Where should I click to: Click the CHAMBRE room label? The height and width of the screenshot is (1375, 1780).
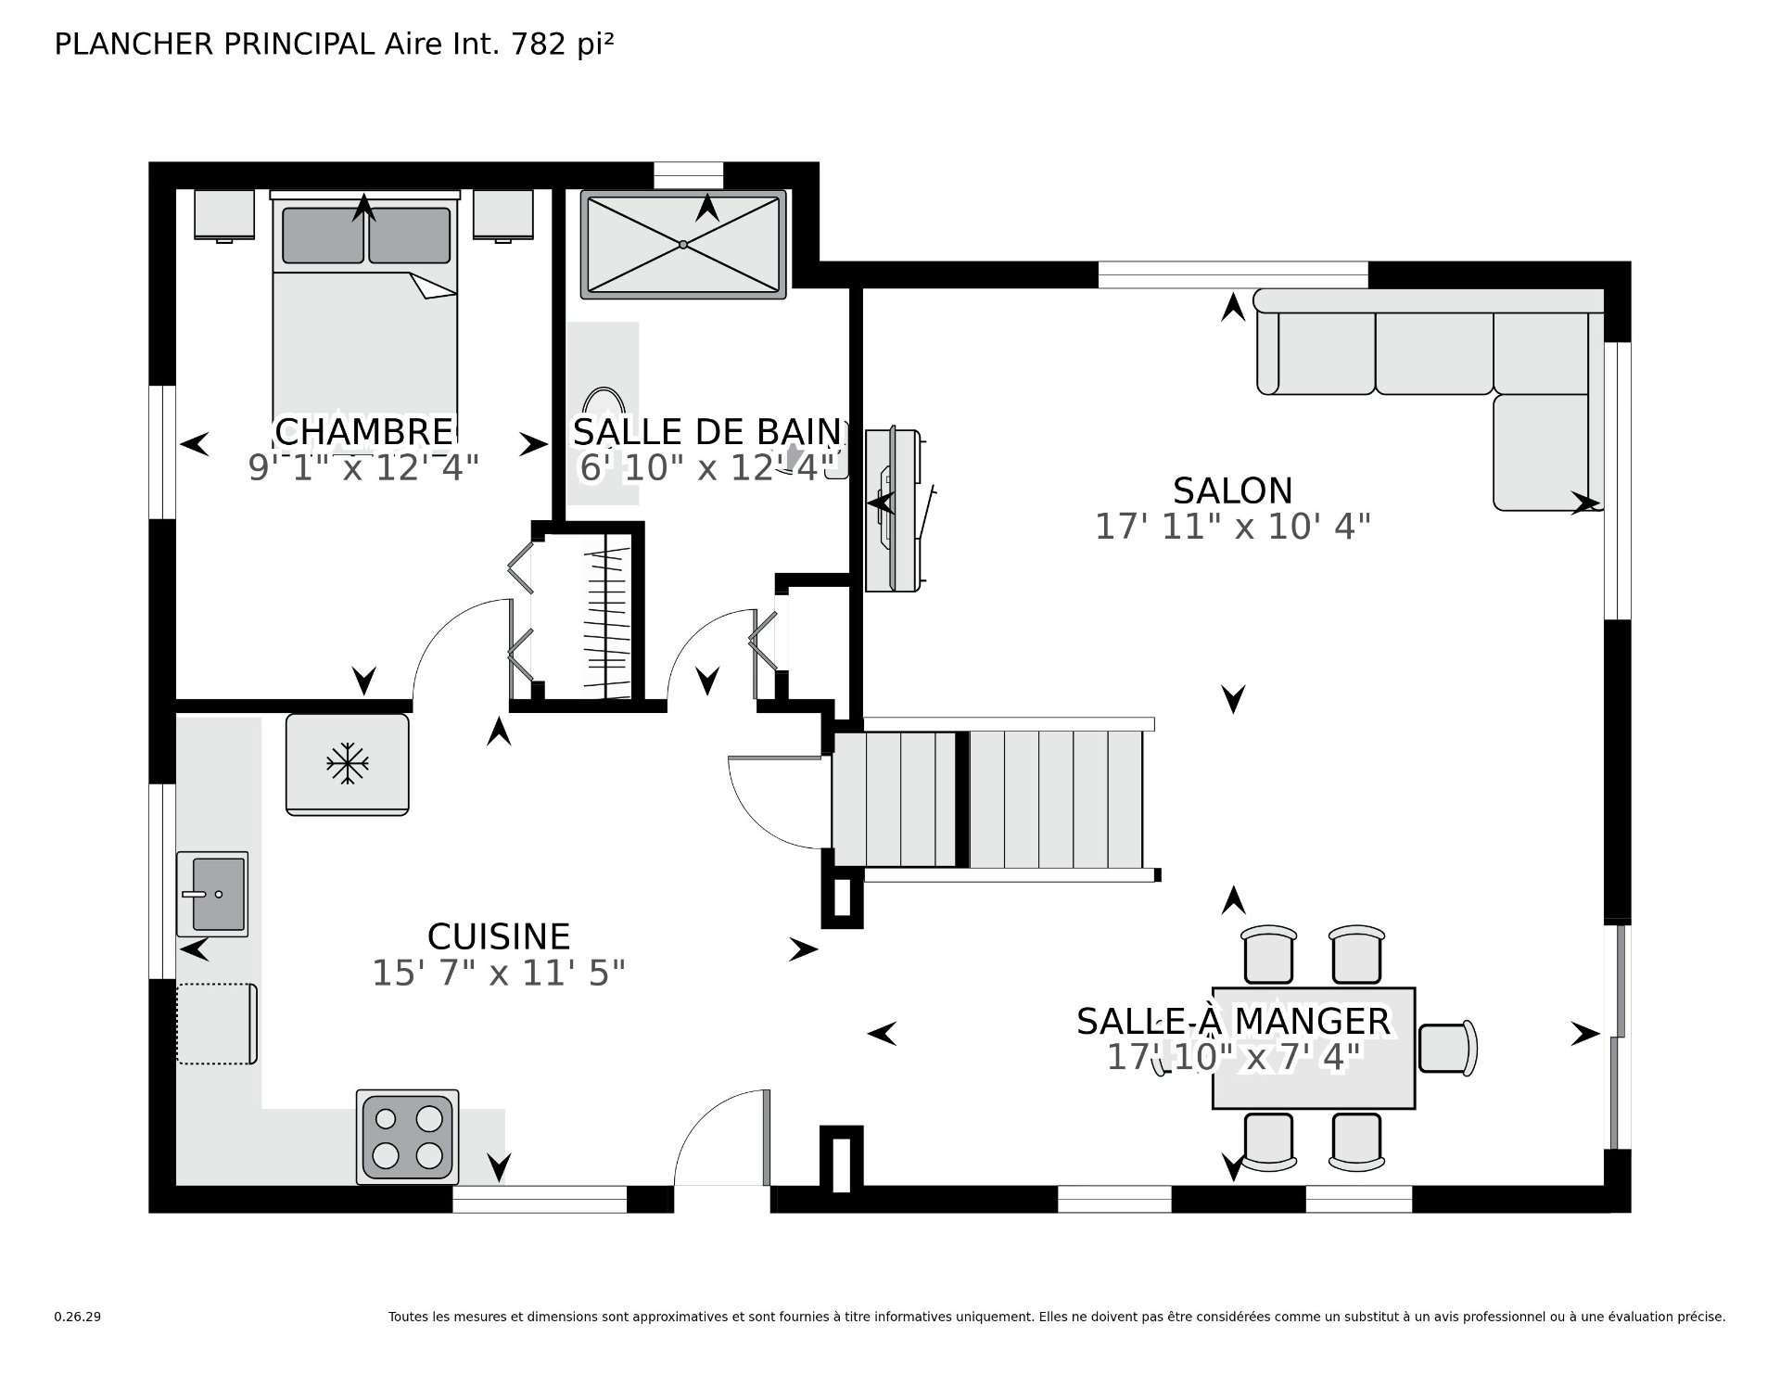tap(363, 431)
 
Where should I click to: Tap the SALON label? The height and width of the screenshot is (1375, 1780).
tap(1232, 490)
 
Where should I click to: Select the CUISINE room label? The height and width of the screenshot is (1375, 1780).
tap(499, 936)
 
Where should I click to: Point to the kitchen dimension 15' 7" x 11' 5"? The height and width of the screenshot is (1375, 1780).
tap(499, 974)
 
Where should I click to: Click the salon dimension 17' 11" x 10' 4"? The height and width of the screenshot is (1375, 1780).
tap(1232, 527)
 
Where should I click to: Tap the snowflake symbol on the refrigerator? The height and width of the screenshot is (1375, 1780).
tap(348, 763)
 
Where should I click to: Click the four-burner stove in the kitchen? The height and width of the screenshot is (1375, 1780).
tap(408, 1137)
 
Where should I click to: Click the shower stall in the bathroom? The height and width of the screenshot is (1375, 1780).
tap(683, 245)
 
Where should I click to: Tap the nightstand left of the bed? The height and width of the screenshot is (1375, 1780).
tap(224, 216)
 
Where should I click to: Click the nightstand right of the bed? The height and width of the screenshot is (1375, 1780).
tap(503, 216)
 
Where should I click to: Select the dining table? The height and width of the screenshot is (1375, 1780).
tap(1314, 1048)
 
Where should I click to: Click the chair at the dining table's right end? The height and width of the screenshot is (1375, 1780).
tap(1447, 1049)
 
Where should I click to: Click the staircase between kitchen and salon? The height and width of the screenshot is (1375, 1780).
tap(990, 798)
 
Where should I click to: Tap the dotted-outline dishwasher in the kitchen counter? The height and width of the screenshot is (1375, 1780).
tap(217, 1024)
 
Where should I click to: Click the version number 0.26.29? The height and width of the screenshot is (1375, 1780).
tap(78, 1317)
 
